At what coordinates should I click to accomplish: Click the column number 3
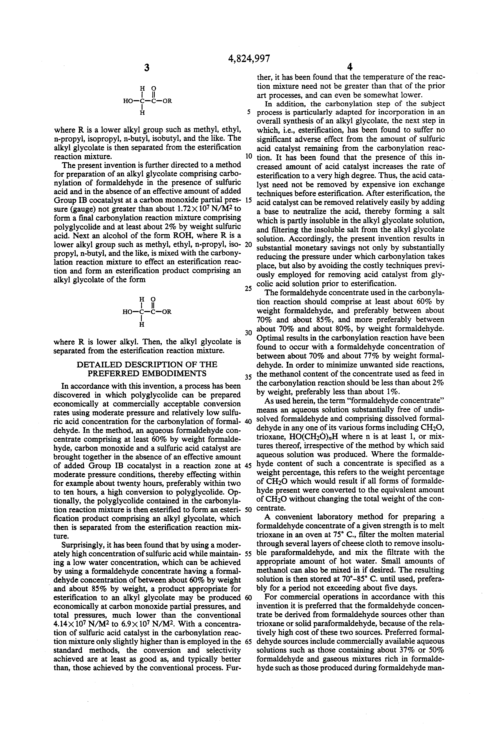[x=147, y=68]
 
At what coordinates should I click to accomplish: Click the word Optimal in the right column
[x=270, y=338]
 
